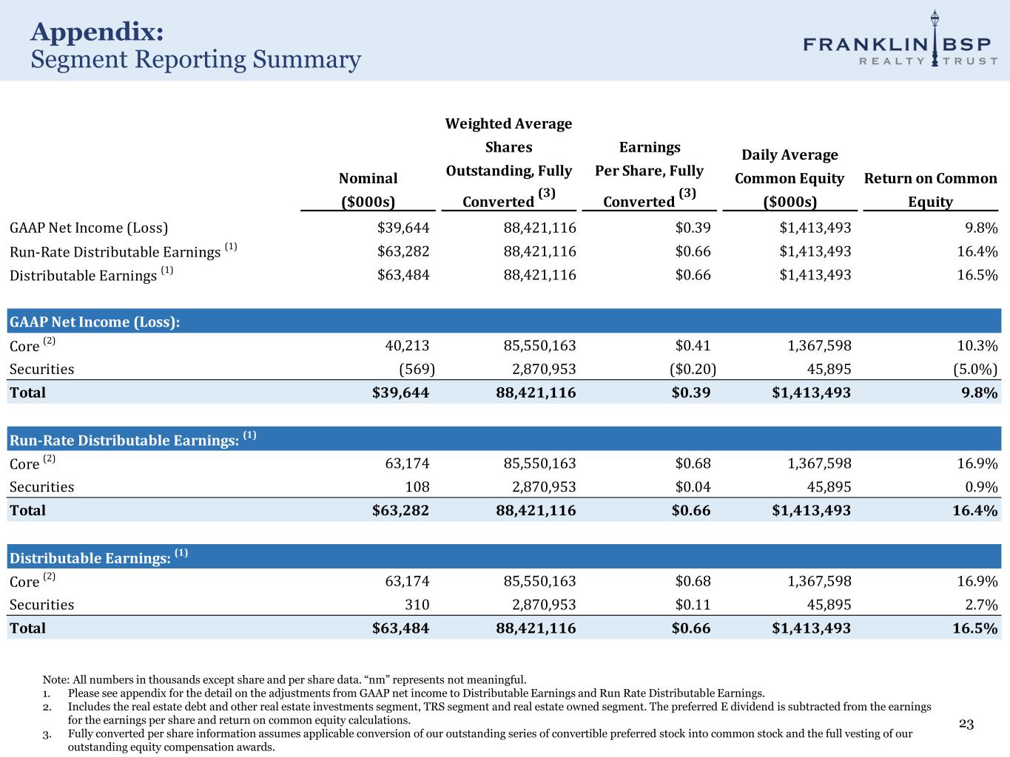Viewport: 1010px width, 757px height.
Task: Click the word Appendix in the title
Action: click(x=97, y=32)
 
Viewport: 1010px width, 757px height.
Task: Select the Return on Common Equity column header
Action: click(x=930, y=189)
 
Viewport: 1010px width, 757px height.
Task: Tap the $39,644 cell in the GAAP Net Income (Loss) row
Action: click(x=403, y=228)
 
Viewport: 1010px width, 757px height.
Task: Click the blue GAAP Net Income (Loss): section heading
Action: click(x=95, y=322)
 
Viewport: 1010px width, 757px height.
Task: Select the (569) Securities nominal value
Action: click(x=417, y=369)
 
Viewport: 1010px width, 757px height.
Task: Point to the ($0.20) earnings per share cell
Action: click(x=692, y=369)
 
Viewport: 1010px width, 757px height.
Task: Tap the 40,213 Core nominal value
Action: click(x=407, y=345)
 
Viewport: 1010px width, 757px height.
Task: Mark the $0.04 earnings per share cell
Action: click(x=693, y=486)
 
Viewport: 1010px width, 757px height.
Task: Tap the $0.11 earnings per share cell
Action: click(x=693, y=605)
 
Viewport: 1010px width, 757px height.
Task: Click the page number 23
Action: click(x=966, y=724)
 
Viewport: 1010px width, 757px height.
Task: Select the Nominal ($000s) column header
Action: click(x=368, y=189)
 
